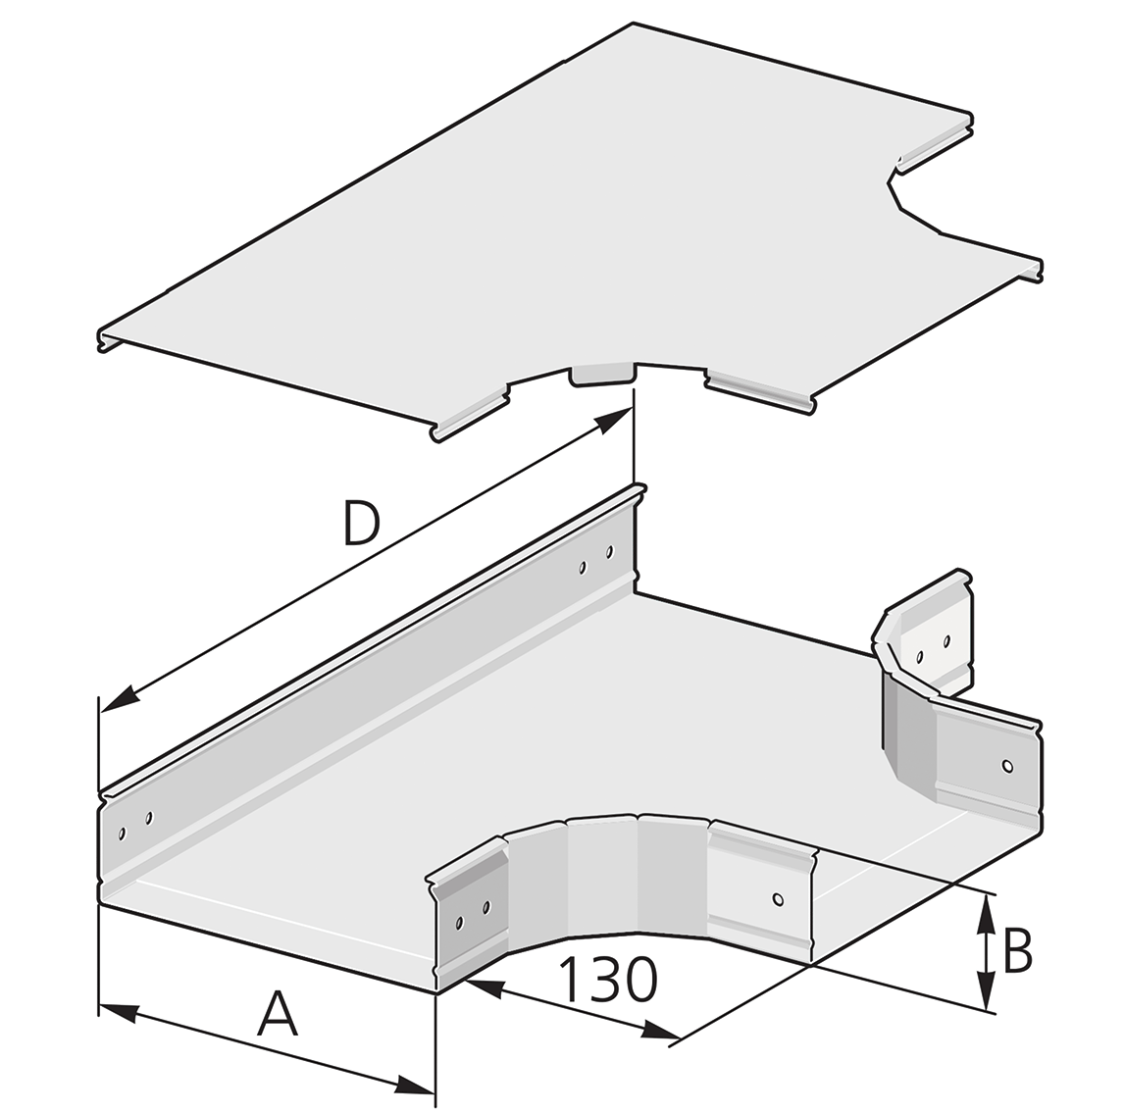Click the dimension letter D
[361, 524]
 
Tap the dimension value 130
[607, 980]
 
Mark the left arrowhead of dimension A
[116, 1010]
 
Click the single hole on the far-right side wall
[1005, 765]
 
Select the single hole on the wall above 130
[777, 898]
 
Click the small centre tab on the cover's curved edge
[603, 374]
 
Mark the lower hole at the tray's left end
[122, 834]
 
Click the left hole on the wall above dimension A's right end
[459, 922]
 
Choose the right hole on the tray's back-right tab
[946, 642]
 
